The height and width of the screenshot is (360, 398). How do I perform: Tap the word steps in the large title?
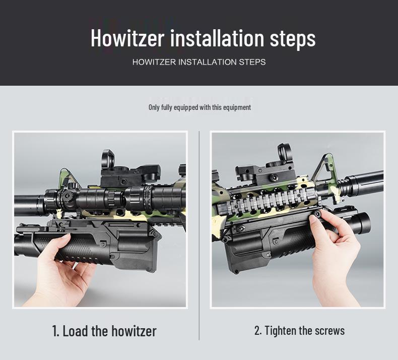click(293, 39)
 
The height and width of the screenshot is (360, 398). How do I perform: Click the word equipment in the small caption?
click(237, 107)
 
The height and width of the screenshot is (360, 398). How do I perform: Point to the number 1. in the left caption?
click(55, 331)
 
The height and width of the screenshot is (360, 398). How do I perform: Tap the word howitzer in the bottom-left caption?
click(134, 331)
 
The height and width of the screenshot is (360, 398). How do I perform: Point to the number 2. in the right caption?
click(258, 331)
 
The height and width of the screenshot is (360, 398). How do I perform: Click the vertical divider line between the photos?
click(200, 235)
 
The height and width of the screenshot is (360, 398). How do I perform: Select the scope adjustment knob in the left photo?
click(68, 195)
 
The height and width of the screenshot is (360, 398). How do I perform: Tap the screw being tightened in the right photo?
click(318, 214)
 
